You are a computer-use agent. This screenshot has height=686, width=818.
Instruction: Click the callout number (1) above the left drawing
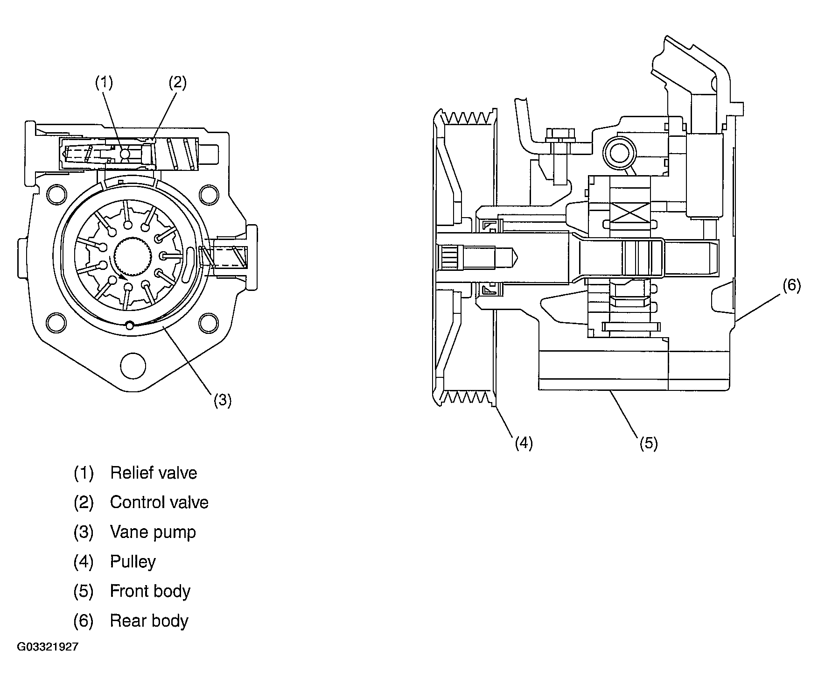pos(104,83)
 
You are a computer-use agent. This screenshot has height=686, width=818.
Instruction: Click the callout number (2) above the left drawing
pos(177,83)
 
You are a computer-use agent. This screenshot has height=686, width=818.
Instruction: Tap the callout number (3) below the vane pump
pos(223,400)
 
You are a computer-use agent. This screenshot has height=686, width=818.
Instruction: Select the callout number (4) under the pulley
pos(524,442)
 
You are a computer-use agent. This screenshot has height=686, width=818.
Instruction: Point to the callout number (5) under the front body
pos(649,443)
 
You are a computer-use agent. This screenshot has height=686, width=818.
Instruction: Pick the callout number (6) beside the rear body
pos(792,285)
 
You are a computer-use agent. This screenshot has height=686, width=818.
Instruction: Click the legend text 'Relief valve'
pos(154,473)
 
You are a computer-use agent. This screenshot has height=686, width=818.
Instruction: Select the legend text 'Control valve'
pos(159,502)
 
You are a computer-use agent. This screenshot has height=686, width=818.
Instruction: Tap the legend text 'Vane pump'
pos(153,532)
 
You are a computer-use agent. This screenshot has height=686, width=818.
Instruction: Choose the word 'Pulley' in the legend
pos(133,562)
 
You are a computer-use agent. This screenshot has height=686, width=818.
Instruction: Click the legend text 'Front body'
pos(150,591)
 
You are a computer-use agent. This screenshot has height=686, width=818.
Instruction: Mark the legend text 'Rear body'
pos(149,621)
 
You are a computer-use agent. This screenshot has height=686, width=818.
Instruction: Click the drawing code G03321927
pos(48,647)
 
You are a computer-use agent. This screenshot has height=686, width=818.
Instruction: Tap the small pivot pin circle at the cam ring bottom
pos(130,325)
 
